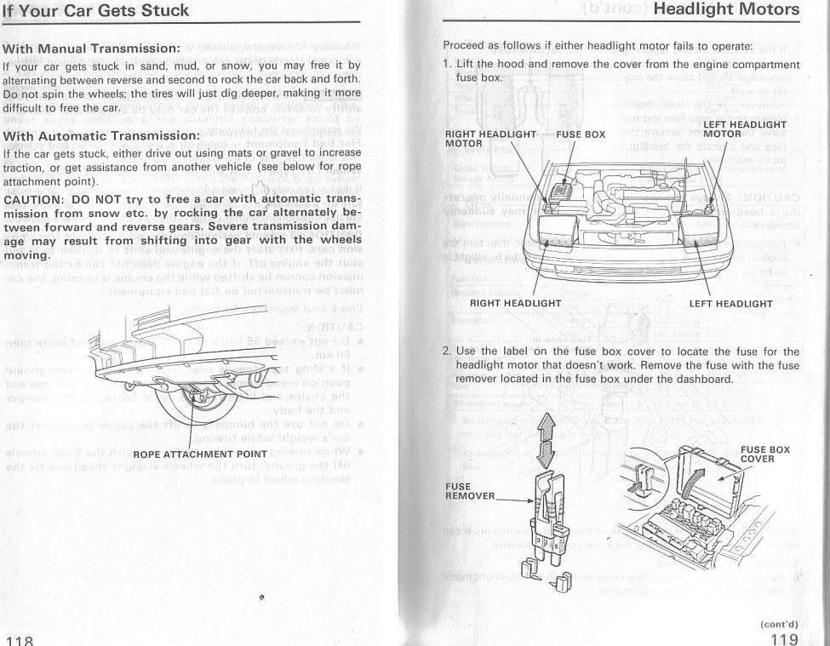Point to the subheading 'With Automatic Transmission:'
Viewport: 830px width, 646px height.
pos(101,136)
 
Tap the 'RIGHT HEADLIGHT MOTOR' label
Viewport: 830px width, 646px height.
pos(489,139)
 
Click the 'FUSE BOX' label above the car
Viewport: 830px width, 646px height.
pos(581,134)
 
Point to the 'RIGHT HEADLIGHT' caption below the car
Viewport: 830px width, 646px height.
pos(515,303)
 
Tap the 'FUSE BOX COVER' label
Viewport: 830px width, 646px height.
pos(764,454)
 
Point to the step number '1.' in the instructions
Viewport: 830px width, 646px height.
pos(447,65)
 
